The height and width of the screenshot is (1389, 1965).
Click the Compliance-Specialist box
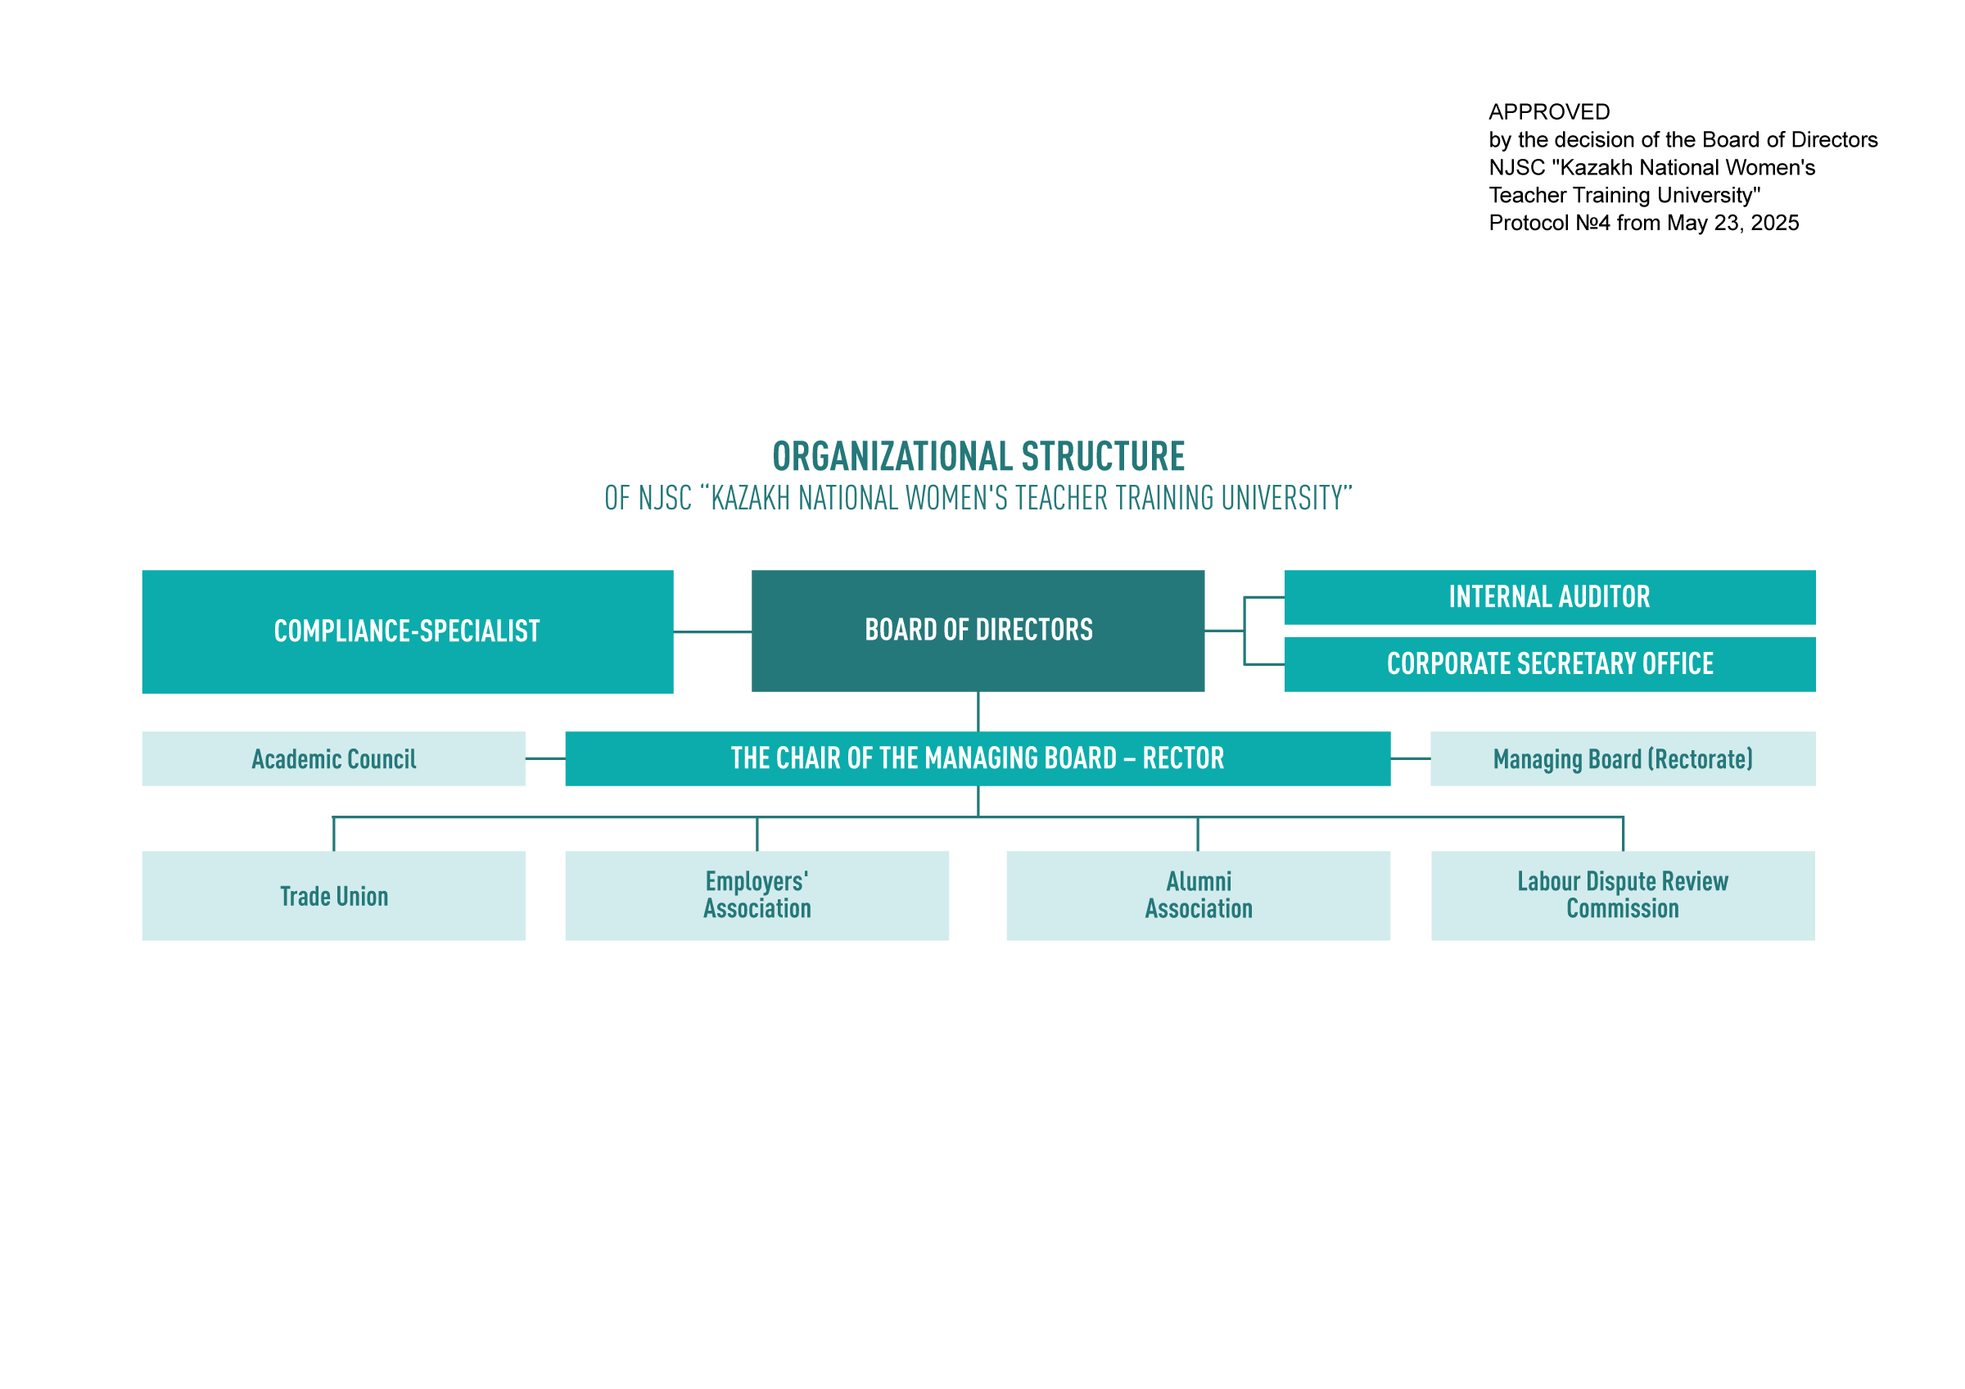point(408,631)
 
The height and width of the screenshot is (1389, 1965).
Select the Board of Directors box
point(978,631)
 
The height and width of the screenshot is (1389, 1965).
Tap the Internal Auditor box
point(1550,597)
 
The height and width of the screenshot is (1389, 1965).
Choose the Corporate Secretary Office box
point(1550,664)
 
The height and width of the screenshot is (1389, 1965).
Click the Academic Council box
point(334,758)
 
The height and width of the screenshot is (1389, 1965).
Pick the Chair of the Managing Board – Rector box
point(978,758)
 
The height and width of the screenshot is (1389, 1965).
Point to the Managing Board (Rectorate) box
point(1623,758)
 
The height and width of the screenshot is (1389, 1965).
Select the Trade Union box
point(334,895)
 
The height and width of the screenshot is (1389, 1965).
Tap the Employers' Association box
point(757,895)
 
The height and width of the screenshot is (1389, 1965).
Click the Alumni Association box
point(1198,895)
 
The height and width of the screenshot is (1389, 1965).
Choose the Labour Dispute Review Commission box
point(1623,895)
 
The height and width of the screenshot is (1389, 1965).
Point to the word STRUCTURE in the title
point(1103,456)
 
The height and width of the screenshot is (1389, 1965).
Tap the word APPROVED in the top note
point(1549,112)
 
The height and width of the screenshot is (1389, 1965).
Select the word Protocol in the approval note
point(1529,224)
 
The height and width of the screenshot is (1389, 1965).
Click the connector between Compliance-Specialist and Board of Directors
point(712,631)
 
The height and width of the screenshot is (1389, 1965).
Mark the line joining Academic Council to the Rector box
point(545,758)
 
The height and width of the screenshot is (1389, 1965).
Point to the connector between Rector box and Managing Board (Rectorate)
point(1411,758)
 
